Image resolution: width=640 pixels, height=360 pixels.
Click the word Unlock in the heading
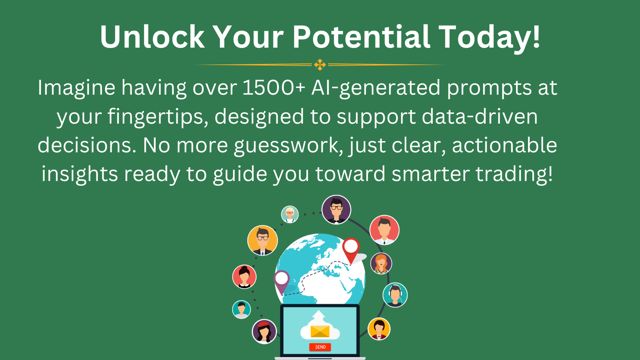(152, 37)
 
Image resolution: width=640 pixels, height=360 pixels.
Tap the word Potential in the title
(362, 37)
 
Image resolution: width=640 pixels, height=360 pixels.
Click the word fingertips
(158, 117)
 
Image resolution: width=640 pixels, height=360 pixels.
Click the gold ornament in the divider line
(320, 65)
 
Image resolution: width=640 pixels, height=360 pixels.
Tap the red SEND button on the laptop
(320, 347)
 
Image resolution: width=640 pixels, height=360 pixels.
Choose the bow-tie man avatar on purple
(336, 210)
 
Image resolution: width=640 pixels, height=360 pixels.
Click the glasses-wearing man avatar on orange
(262, 240)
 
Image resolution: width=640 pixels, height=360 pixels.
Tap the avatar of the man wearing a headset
(395, 295)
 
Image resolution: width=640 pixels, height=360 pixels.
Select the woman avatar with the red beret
(264, 332)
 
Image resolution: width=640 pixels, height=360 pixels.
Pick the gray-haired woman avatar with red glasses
(290, 214)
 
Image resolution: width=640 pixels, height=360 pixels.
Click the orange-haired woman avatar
(381, 263)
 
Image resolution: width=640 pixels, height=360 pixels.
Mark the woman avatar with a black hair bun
(244, 276)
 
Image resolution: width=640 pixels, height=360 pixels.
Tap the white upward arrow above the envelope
(319, 317)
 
